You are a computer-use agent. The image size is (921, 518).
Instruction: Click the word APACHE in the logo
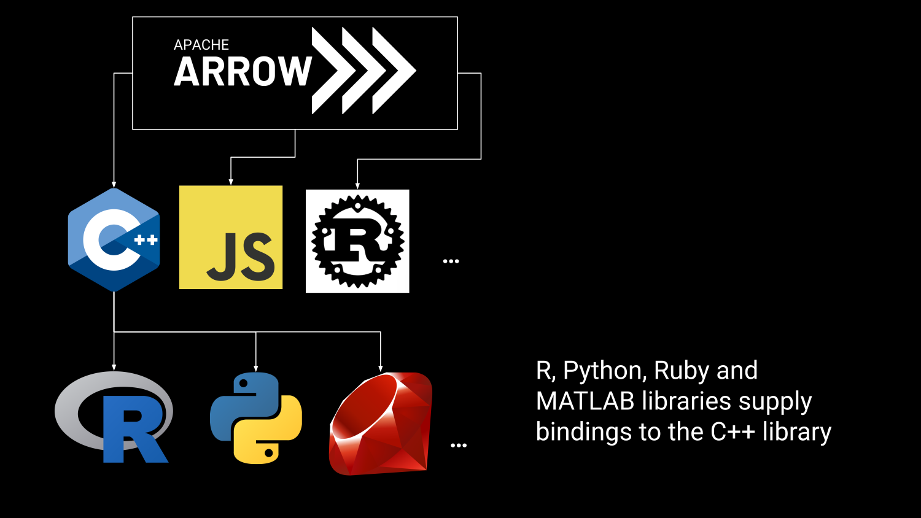point(201,45)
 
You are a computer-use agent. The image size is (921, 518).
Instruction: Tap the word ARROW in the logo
point(243,72)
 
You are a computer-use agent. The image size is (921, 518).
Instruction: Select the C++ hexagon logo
point(114,240)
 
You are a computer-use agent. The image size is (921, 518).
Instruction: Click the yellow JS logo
point(231,237)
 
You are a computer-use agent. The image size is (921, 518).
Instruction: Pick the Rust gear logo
point(357,241)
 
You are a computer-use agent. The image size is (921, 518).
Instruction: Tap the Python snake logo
point(256,418)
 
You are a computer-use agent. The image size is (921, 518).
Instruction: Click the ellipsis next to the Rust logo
point(451,261)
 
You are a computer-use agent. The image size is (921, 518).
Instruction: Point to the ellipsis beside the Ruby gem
point(459,446)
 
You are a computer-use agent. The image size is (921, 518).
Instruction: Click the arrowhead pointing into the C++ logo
point(114,184)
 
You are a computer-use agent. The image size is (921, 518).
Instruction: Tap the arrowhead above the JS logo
point(231,181)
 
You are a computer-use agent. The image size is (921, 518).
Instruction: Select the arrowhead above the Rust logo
point(357,185)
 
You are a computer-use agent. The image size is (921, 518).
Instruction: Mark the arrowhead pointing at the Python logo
point(256,368)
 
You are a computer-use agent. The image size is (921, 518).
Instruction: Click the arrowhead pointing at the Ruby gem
point(381,368)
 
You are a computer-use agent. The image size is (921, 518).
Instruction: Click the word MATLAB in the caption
point(585,401)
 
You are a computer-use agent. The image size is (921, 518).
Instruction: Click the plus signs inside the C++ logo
point(146,240)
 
